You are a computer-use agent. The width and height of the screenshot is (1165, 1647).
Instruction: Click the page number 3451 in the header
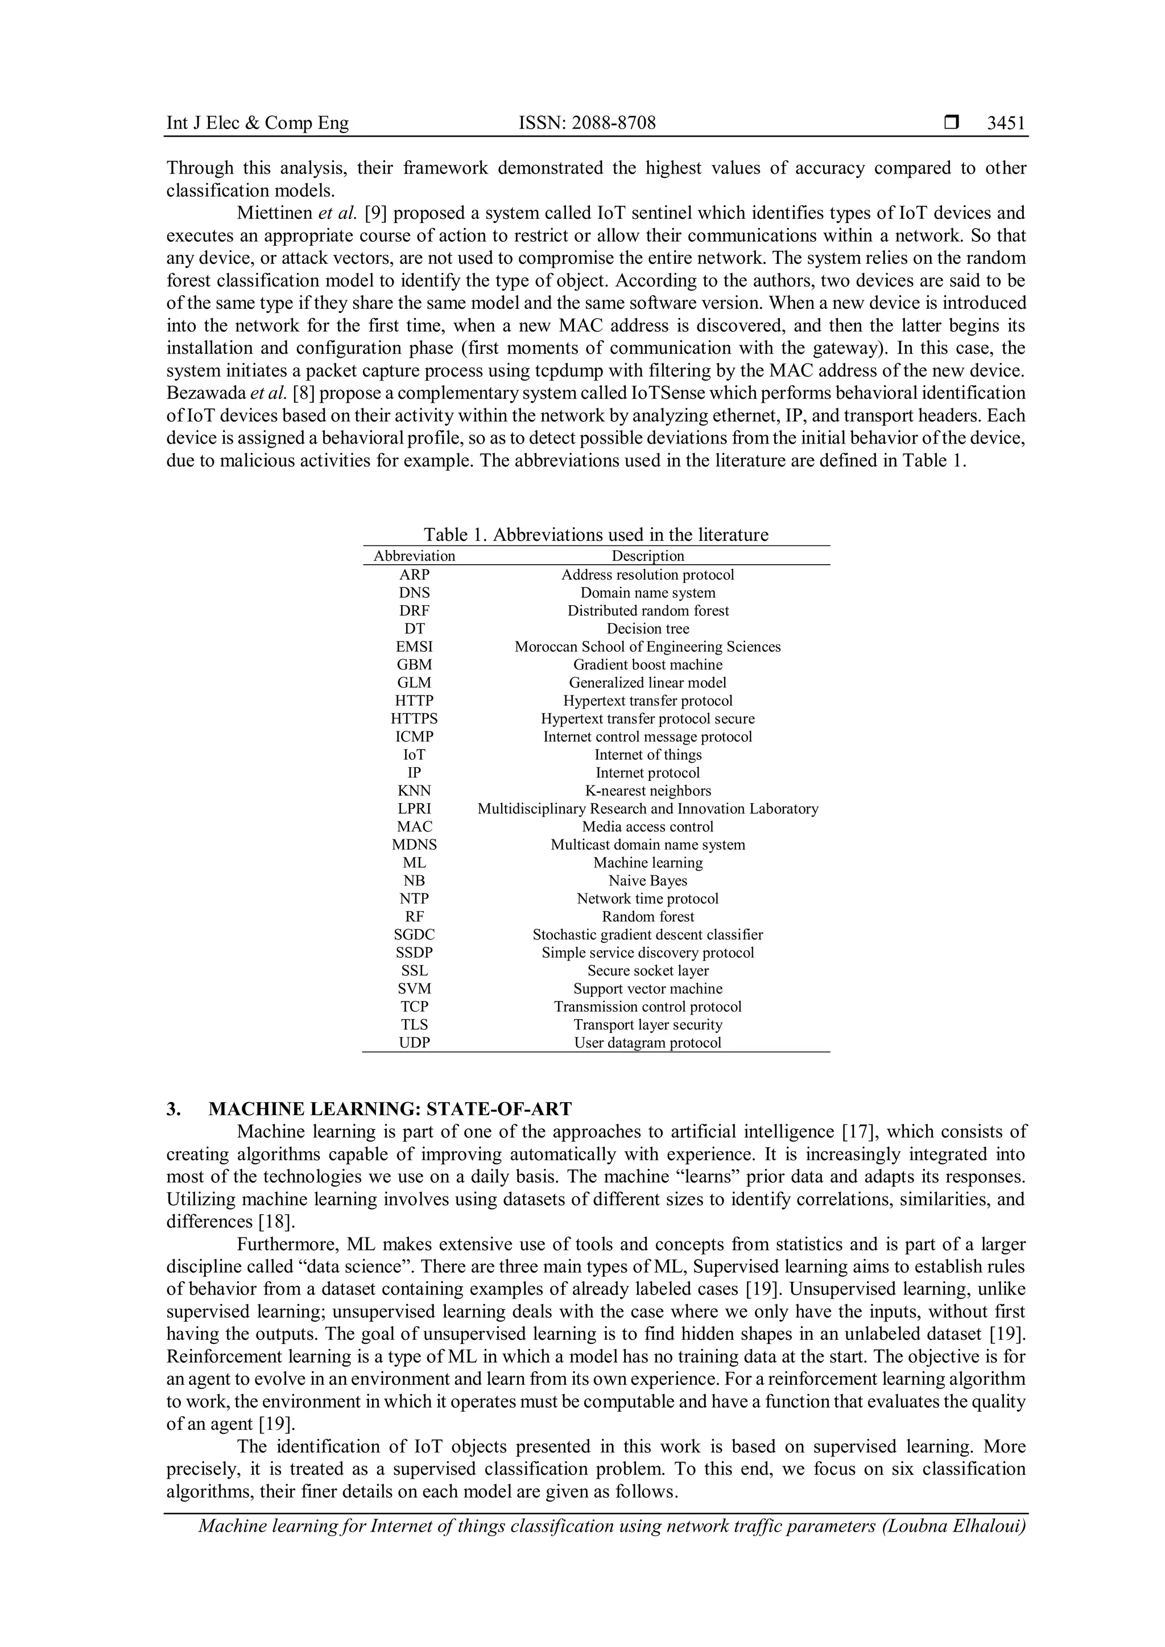(x=1006, y=123)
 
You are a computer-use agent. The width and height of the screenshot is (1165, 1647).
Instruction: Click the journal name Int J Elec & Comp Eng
(x=258, y=123)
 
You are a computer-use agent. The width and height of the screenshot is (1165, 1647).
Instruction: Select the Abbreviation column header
(x=414, y=556)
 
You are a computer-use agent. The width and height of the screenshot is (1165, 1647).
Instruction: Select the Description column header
(x=648, y=556)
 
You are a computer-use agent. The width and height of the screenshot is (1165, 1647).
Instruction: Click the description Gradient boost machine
(x=648, y=665)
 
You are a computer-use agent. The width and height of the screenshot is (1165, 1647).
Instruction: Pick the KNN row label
(x=414, y=791)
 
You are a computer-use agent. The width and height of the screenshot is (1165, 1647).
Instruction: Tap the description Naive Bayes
(x=648, y=881)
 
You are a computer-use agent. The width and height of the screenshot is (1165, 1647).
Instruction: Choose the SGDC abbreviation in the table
(x=414, y=935)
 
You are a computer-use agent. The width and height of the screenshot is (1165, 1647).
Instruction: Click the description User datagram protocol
(x=648, y=1043)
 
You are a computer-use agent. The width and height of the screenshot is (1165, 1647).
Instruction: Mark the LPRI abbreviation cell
(x=414, y=809)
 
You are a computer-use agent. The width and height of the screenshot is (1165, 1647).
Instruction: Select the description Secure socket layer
(x=648, y=971)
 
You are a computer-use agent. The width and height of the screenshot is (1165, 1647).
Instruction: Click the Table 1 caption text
(x=596, y=535)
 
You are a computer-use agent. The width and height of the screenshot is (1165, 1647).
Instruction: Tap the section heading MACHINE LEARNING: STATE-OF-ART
(x=390, y=1110)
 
